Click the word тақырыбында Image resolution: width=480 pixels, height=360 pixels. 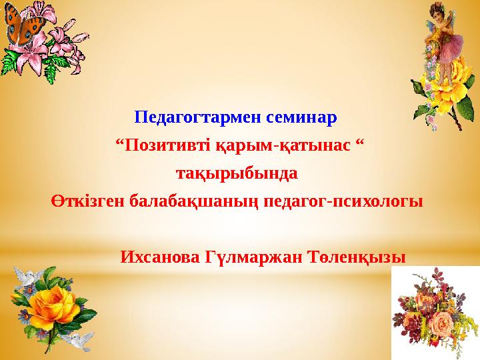click(236, 174)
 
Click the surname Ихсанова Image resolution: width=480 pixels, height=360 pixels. click(161, 257)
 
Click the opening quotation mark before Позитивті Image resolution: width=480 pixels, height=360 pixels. click(120, 143)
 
